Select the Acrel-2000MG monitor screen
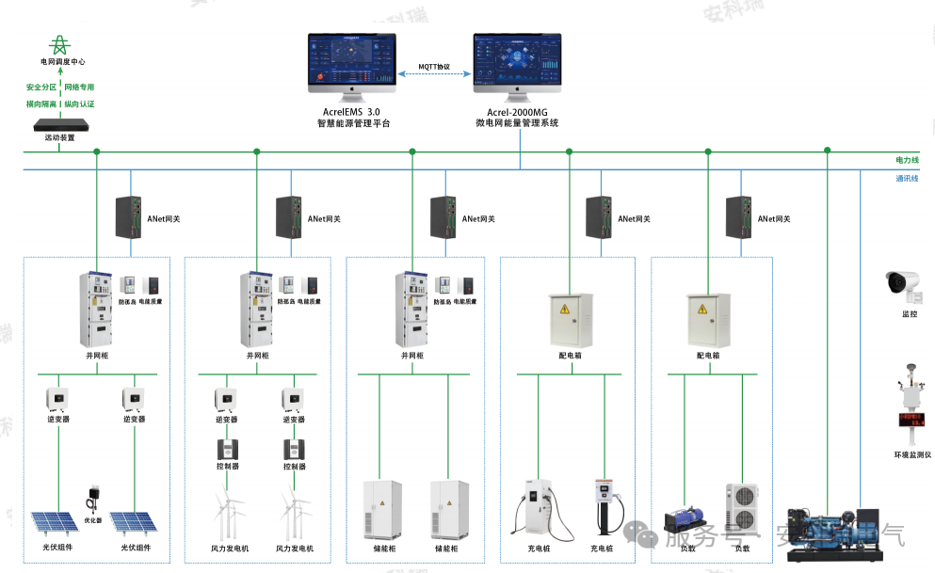(517, 61)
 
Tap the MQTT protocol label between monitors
(435, 67)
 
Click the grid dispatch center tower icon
(62, 43)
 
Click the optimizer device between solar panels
(93, 496)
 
